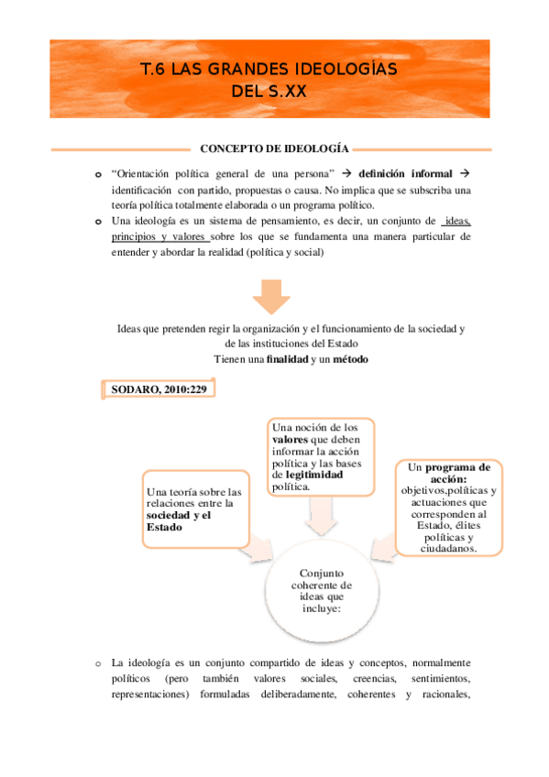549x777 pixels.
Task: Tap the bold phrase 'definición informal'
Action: coord(405,173)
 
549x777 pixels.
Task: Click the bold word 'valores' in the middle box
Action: coord(291,440)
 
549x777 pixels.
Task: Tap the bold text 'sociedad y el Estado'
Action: coord(184,520)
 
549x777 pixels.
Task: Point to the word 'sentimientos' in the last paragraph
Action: coord(437,679)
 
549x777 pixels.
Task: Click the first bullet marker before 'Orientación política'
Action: coord(98,174)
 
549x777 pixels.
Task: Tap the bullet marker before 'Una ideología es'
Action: coord(98,222)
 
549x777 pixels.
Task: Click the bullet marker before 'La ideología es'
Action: coord(96,662)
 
